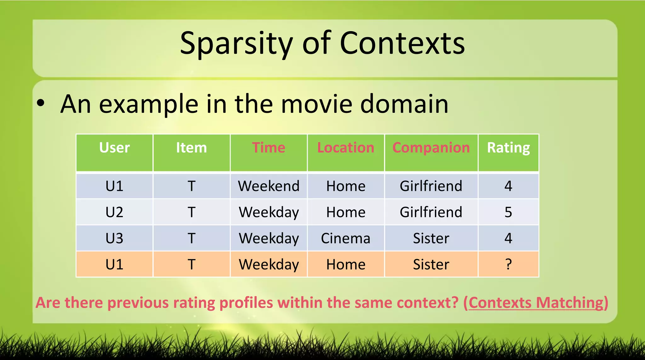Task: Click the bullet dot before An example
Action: [x=41, y=103]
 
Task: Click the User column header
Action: [x=114, y=148]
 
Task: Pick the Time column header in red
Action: [x=269, y=148]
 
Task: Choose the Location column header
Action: [x=345, y=148]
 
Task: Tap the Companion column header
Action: [x=431, y=148]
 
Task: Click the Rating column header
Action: [x=508, y=148]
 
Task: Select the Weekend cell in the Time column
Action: [x=269, y=186]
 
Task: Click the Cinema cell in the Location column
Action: [x=345, y=238]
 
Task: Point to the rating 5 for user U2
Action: [x=508, y=212]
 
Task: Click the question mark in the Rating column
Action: [x=508, y=264]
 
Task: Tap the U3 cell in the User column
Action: [x=114, y=238]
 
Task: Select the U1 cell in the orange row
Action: [x=114, y=264]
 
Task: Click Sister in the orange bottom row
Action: [x=431, y=264]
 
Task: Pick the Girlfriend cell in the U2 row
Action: [x=431, y=212]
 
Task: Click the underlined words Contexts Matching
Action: [x=535, y=303]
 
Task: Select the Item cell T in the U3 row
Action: [x=191, y=238]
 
